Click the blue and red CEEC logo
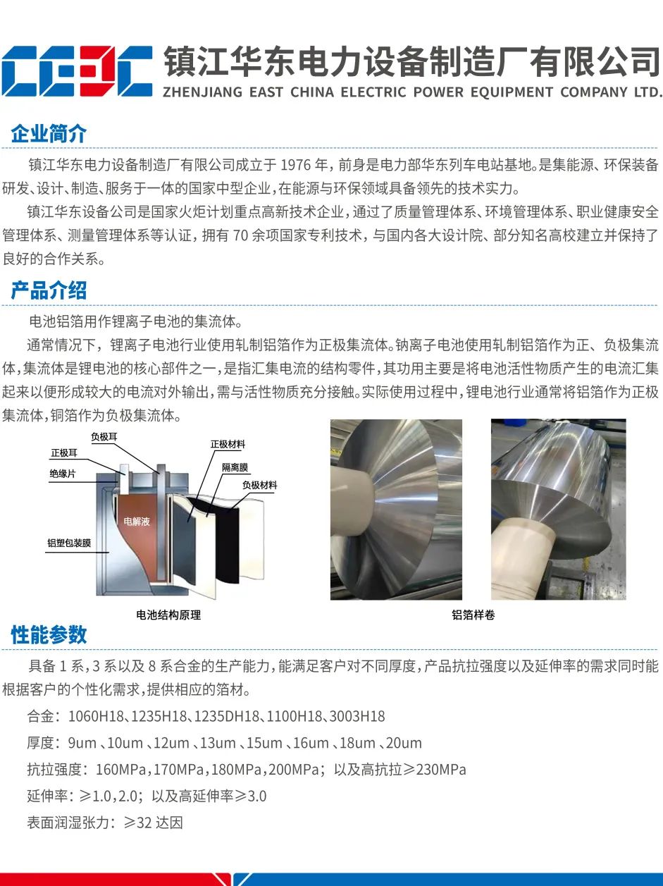click(x=77, y=71)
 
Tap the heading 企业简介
click(x=49, y=134)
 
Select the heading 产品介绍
click(x=49, y=290)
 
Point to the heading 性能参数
click(x=49, y=635)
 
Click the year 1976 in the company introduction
click(x=296, y=165)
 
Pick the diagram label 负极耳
click(x=104, y=437)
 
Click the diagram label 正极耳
click(x=64, y=453)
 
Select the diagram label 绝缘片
click(x=63, y=474)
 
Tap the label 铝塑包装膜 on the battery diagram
click(x=69, y=543)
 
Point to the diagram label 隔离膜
click(x=235, y=467)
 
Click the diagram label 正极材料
click(x=228, y=445)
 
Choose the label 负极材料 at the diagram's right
click(x=260, y=485)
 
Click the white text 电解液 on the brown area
click(x=137, y=522)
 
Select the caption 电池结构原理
click(x=168, y=615)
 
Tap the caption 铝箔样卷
click(x=473, y=615)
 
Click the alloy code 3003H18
click(x=357, y=716)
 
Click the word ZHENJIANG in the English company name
click(x=202, y=92)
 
